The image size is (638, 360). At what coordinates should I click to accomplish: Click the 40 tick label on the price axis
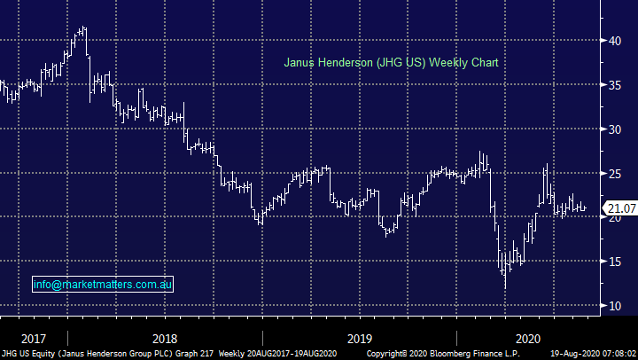point(615,41)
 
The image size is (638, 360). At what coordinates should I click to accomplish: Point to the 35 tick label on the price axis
point(615,85)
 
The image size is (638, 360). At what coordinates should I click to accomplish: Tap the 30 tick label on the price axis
point(615,129)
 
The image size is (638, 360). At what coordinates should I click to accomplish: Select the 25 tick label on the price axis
point(615,174)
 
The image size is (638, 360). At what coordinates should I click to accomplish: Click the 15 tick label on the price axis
point(615,262)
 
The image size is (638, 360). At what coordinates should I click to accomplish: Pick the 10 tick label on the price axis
point(615,306)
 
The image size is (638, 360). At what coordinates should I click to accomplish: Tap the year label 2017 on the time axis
point(34,338)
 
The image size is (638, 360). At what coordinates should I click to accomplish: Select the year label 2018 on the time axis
point(164,338)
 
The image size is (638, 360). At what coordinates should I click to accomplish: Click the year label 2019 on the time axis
point(359,338)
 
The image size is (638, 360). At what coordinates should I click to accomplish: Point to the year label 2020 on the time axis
point(528,338)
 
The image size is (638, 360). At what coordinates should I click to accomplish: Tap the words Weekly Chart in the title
point(466,63)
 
